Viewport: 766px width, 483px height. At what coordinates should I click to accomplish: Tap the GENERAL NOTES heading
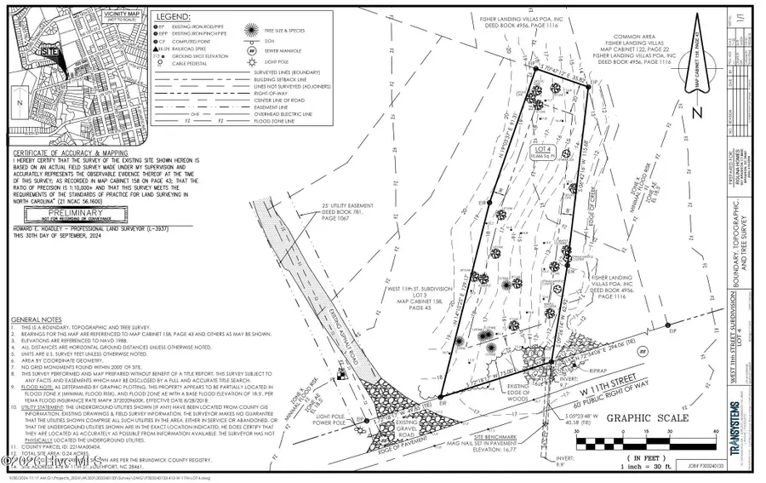35,319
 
